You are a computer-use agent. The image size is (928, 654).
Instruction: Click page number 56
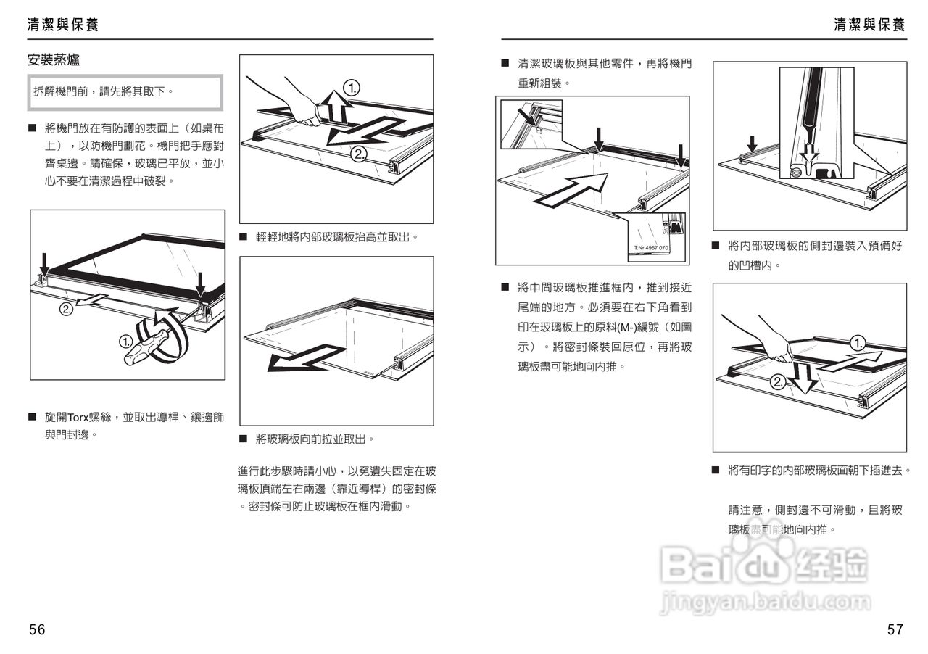[x=37, y=629]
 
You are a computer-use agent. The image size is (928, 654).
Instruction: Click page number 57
[x=895, y=629]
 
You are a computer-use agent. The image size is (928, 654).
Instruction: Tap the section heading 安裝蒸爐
[x=53, y=60]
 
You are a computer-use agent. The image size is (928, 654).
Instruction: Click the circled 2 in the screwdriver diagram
[x=66, y=309]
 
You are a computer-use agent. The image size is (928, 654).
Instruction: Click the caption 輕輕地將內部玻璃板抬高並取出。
[x=337, y=237]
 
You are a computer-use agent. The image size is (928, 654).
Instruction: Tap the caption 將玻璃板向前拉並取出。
[x=315, y=439]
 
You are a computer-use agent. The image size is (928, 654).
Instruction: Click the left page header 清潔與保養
[x=62, y=25]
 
